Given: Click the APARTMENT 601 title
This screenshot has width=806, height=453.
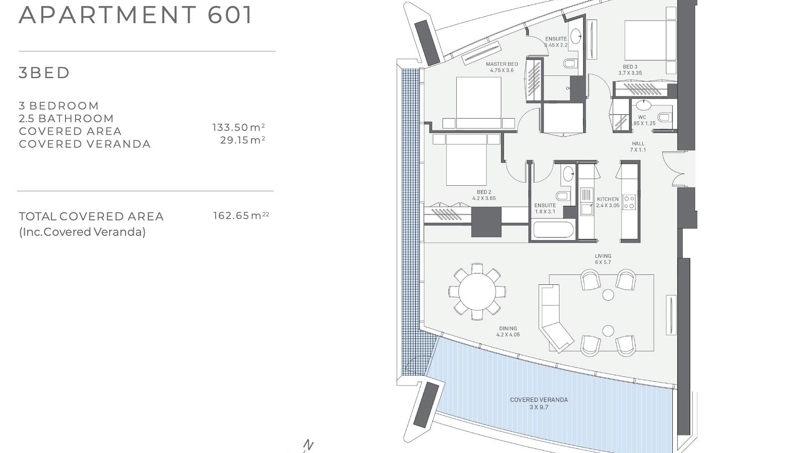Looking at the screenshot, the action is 136,15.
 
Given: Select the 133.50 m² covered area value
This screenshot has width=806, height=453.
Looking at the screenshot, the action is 238,127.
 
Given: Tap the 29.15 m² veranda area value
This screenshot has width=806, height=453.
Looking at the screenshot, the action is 243,140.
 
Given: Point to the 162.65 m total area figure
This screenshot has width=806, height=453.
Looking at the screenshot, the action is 241,216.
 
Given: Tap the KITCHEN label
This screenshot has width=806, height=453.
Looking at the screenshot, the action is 608,199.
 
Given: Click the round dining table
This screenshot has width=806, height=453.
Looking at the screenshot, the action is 477,292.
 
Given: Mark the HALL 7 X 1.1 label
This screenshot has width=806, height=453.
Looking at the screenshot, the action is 638,147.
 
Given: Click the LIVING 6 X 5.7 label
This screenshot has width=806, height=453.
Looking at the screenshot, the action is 603,259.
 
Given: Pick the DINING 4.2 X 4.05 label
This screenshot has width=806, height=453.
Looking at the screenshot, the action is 508,331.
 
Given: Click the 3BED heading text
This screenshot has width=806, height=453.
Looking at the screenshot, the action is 44,73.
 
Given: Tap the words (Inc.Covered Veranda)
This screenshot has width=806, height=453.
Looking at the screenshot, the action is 82,232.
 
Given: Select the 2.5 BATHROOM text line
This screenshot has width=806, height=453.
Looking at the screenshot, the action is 66,118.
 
